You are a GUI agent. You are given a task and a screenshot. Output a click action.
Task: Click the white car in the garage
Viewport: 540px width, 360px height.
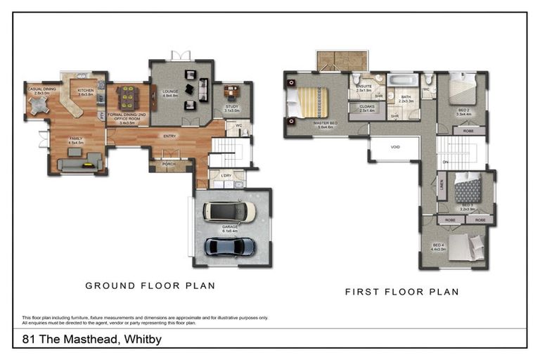tap(229, 211)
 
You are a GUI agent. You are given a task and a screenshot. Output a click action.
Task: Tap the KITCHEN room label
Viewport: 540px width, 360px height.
tap(86, 90)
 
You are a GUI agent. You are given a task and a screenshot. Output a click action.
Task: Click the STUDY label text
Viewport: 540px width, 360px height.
tap(231, 106)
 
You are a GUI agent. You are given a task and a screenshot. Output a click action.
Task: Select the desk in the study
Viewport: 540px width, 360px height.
tap(232, 91)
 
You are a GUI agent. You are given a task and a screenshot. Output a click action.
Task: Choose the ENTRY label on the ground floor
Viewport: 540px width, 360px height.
tap(169, 136)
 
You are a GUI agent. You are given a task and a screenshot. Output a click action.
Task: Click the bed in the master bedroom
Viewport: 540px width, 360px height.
tap(309, 102)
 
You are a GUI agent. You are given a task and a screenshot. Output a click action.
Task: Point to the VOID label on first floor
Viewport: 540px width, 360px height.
tap(394, 147)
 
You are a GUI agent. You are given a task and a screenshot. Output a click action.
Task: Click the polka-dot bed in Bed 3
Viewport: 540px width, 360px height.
tap(468, 188)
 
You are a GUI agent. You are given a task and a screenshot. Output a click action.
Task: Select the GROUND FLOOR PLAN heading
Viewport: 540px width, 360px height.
tap(150, 285)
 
